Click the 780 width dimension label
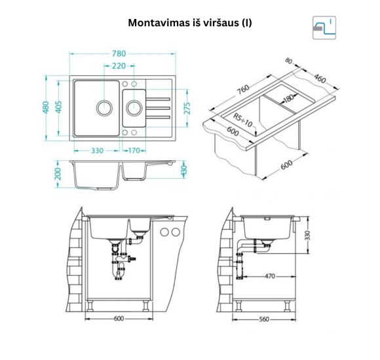pos(119,54)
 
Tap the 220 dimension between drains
pos(119,66)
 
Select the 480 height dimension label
pos(46,107)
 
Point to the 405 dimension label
pos(59,107)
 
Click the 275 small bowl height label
pos(187,108)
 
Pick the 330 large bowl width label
pos(97,151)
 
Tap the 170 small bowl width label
pos(134,151)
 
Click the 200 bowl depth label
pos(58,174)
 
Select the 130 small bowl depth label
pos(184,170)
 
